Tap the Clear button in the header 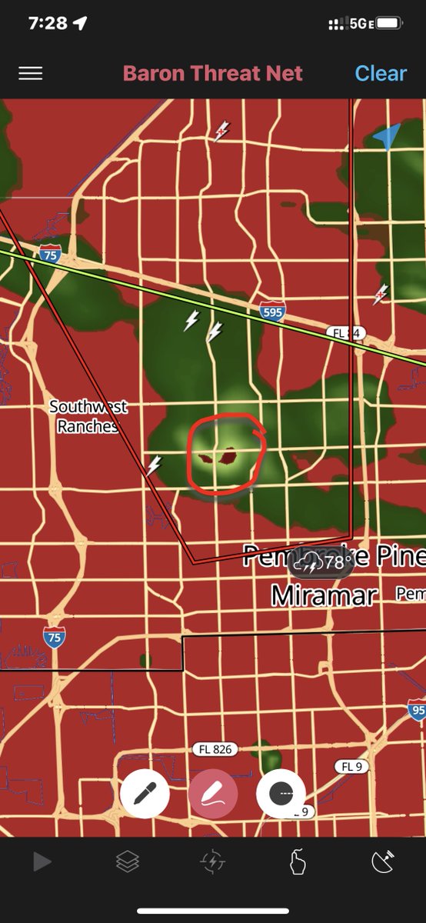pos(380,74)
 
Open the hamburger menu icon pos(31,74)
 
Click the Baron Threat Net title pos(213,74)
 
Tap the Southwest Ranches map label pos(88,416)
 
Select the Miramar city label pos(324,595)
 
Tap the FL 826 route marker pos(215,749)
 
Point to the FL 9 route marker pos(351,766)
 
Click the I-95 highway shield pos(417,708)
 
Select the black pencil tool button pos(145,795)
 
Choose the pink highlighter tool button pos(213,795)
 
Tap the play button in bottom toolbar pos(42,862)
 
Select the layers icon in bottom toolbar pos(128,862)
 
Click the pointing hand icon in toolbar pos(298,862)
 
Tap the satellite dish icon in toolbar pos(383,862)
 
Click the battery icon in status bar pos(389,24)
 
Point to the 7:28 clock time pos(48,24)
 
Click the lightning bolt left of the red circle pos(155,465)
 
